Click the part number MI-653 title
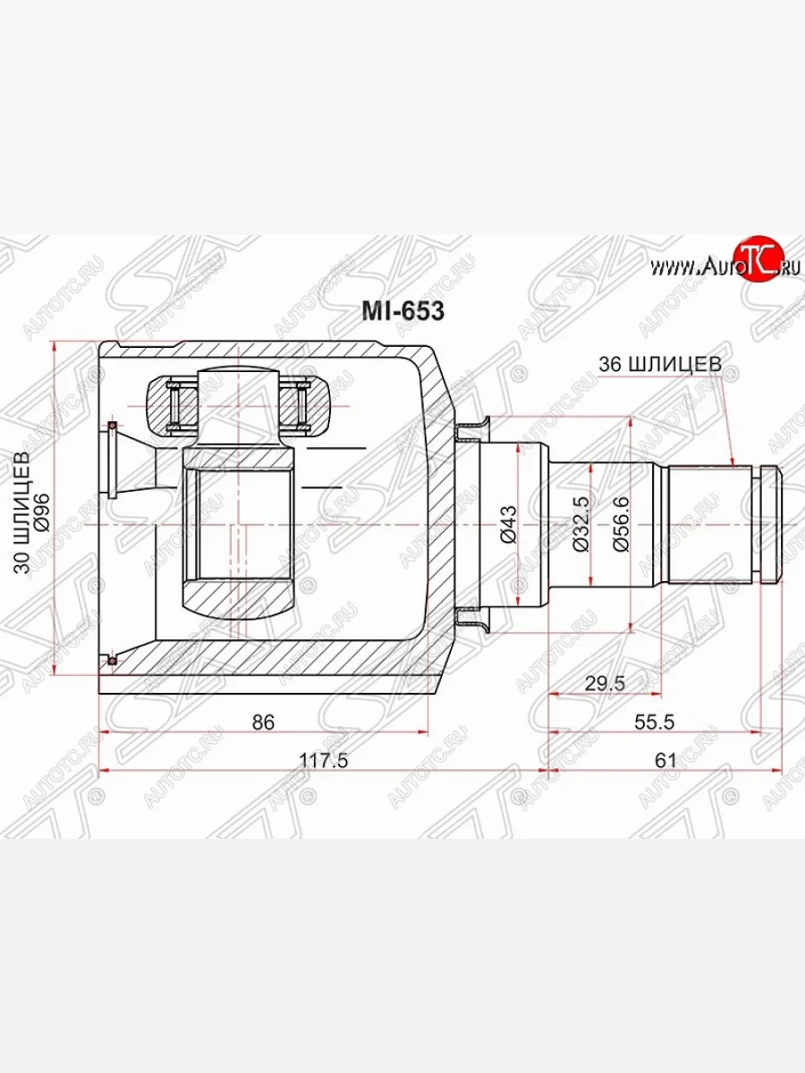click(402, 311)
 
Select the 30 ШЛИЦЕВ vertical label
click(22, 512)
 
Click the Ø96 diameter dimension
click(42, 512)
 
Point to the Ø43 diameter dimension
click(508, 524)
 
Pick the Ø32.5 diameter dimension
click(581, 524)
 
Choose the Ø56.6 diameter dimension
click(622, 524)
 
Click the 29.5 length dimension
click(606, 683)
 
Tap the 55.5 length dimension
click(655, 722)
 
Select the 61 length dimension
click(665, 761)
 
